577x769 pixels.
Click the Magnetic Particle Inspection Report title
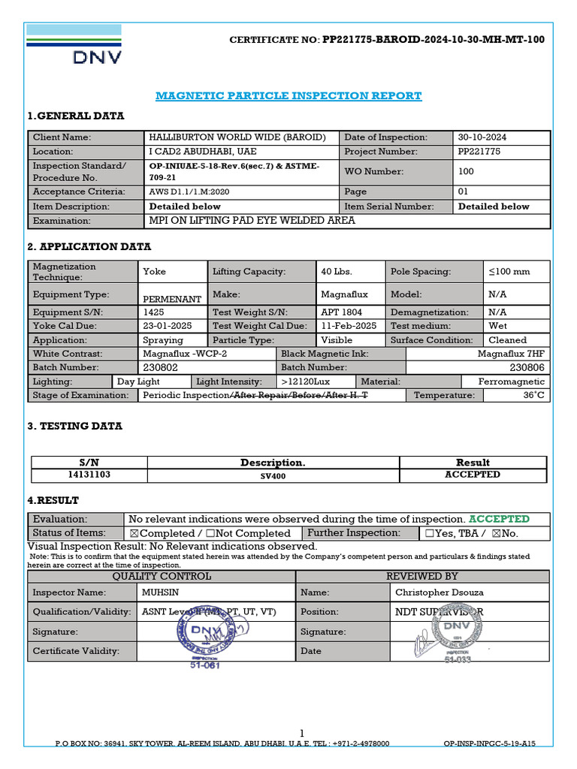[288, 96]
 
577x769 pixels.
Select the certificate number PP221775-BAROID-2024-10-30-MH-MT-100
[434, 40]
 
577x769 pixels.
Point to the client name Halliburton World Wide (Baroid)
[237, 137]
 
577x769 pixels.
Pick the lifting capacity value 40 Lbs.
[337, 271]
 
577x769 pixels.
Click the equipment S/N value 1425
[153, 312]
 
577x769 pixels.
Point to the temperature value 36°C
[534, 395]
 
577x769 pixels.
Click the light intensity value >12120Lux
[302, 381]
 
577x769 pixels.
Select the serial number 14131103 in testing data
[89, 475]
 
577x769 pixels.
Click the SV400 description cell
[273, 476]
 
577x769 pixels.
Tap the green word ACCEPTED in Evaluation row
[499, 519]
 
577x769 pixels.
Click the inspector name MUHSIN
[161, 593]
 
